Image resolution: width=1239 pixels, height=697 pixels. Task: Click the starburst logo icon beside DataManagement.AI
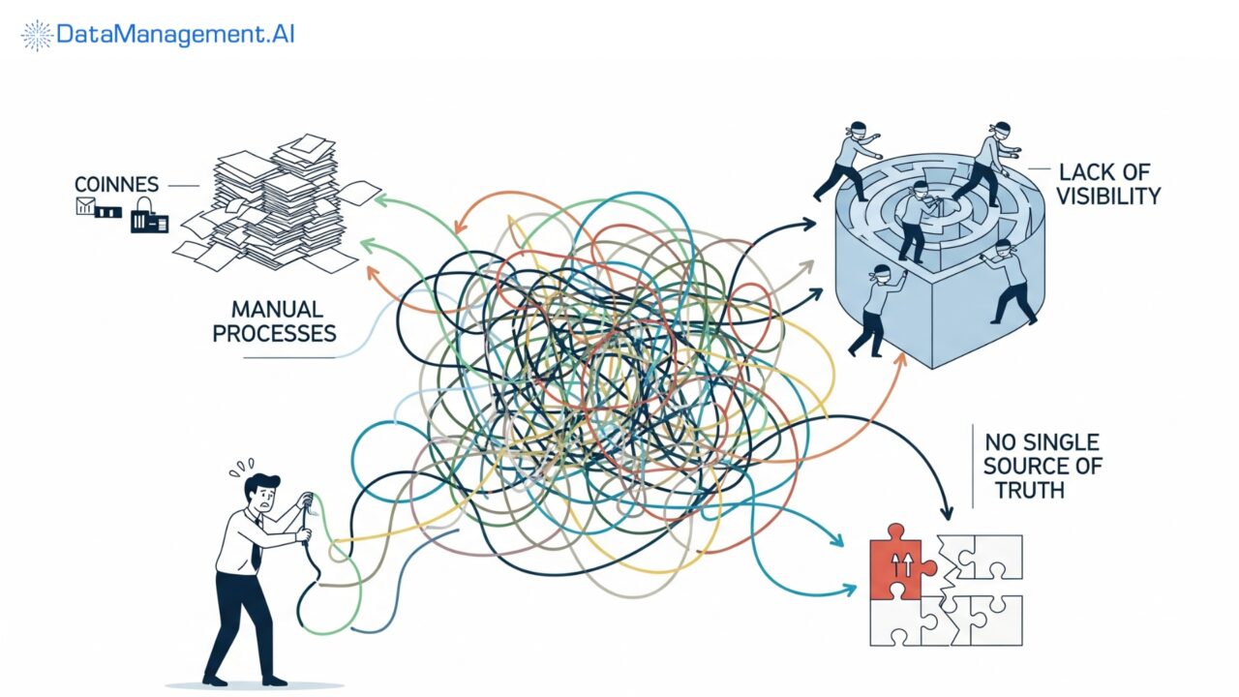pyautogui.click(x=37, y=36)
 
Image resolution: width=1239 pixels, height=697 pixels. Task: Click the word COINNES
pyautogui.click(x=117, y=184)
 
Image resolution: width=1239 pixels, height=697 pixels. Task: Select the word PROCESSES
pyautogui.click(x=274, y=334)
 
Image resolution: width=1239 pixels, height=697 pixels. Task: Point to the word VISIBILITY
pyautogui.click(x=1108, y=197)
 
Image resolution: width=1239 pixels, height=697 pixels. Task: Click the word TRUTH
pyautogui.click(x=1030, y=490)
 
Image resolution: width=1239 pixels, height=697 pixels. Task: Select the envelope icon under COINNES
pyautogui.click(x=86, y=206)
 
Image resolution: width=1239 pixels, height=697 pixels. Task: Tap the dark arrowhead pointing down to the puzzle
pyautogui.click(x=947, y=511)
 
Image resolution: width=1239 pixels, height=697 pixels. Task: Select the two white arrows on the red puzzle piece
pyautogui.click(x=901, y=566)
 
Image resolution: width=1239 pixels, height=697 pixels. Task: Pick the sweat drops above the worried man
pyautogui.click(x=242, y=468)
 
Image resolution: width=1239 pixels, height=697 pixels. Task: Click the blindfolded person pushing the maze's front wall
pyautogui.click(x=878, y=311)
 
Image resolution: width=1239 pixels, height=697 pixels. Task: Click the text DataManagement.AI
pyautogui.click(x=175, y=34)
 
